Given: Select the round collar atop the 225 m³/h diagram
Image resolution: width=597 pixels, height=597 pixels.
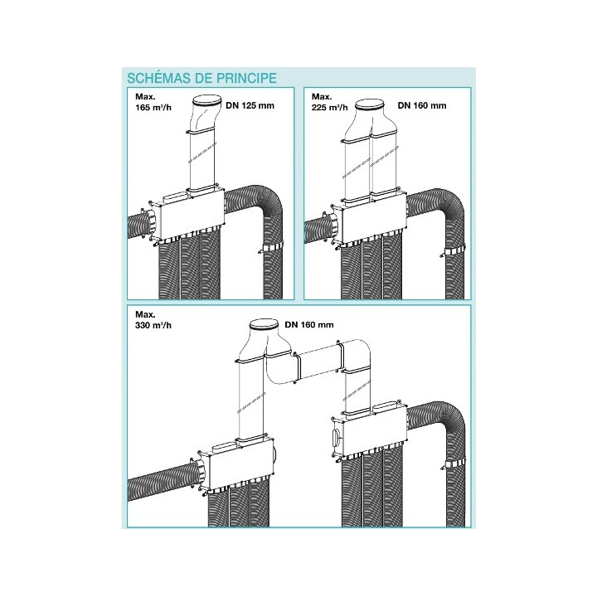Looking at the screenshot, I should click(371, 105).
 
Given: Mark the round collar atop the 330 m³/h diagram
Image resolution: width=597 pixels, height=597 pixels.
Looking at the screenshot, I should click(264, 323).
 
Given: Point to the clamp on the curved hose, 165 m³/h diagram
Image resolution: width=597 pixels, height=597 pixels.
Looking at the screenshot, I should click(272, 250).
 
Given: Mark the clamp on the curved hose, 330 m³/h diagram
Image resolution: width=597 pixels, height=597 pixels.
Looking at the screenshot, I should click(457, 461).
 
